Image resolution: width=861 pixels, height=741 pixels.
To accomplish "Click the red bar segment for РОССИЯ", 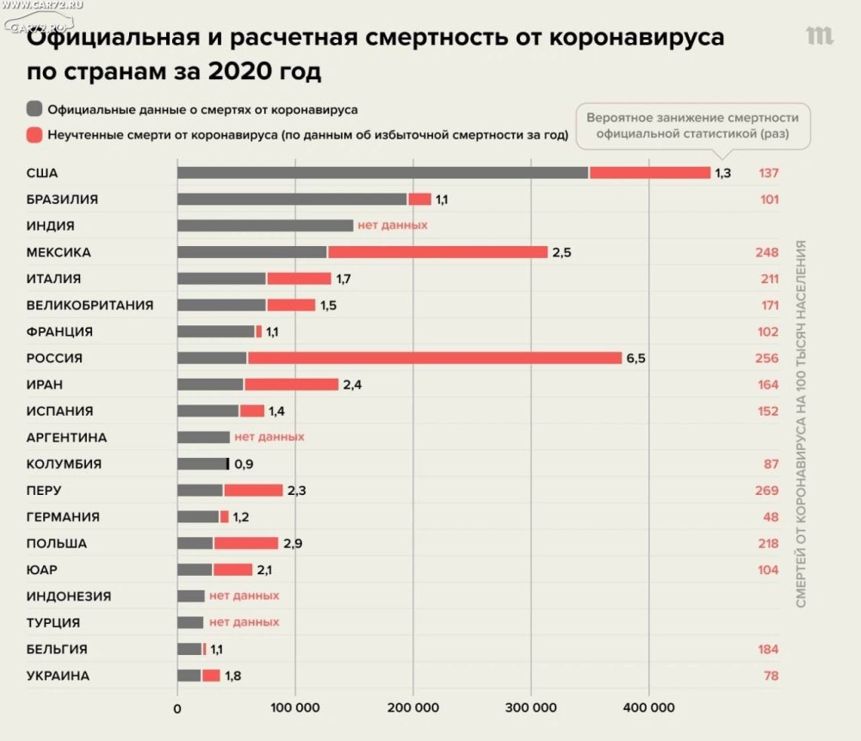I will [434, 358].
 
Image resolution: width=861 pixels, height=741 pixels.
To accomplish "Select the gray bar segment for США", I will [382, 173].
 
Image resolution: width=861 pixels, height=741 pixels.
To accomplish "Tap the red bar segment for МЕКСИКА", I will [437, 252].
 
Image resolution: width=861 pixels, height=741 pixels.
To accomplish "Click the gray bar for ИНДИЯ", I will [265, 225].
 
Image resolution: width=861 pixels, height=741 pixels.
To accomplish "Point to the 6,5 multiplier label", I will [635, 358].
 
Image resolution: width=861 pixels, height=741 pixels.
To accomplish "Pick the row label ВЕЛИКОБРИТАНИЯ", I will [90, 306].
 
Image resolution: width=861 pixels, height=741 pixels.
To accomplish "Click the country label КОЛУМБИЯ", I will [64, 464].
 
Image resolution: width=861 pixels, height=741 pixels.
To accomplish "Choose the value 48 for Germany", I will [770, 517].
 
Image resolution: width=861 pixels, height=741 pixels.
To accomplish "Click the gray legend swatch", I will [34, 110].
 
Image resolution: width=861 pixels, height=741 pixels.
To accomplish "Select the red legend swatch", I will [34, 135].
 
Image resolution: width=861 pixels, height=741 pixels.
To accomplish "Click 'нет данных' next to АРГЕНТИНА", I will [269, 437].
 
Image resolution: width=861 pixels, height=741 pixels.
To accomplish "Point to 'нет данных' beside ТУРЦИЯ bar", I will [245, 622].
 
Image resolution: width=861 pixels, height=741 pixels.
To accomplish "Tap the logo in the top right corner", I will [819, 36].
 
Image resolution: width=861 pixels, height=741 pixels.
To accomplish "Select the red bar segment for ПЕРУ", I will [253, 491].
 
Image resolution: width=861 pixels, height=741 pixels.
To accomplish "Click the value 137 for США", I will [768, 173].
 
